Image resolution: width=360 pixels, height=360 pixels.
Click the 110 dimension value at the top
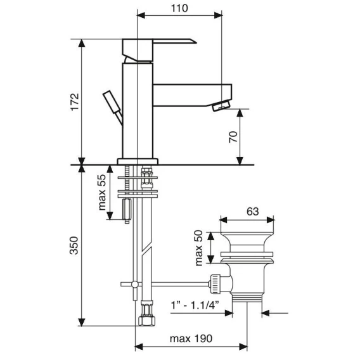tap(179, 8)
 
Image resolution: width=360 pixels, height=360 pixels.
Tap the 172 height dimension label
tap(75, 102)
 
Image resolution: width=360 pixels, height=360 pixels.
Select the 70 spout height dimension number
tap(233, 137)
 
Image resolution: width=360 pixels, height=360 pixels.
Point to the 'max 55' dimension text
tap(102, 192)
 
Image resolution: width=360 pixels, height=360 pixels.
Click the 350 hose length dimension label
tap(74, 245)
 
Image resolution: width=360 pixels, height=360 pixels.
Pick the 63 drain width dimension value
tap(252, 212)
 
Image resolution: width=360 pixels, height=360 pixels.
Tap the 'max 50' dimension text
tap(199, 248)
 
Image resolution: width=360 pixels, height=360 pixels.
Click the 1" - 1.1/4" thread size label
tap(195, 305)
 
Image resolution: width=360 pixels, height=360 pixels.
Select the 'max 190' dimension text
tap(191, 338)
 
